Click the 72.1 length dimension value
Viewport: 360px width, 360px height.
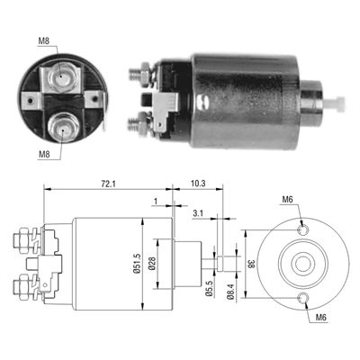(108, 184)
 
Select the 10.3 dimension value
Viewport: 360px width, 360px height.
(198, 184)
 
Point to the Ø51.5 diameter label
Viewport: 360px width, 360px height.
(138, 264)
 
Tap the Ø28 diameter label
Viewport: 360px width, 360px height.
(152, 264)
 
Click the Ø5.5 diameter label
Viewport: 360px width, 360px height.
(210, 288)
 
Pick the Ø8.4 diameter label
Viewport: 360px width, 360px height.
(230, 292)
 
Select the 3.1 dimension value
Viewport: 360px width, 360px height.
(198, 213)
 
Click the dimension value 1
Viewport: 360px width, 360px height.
(156, 202)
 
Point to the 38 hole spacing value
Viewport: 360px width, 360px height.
(251, 264)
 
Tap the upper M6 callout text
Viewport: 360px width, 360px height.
(287, 199)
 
